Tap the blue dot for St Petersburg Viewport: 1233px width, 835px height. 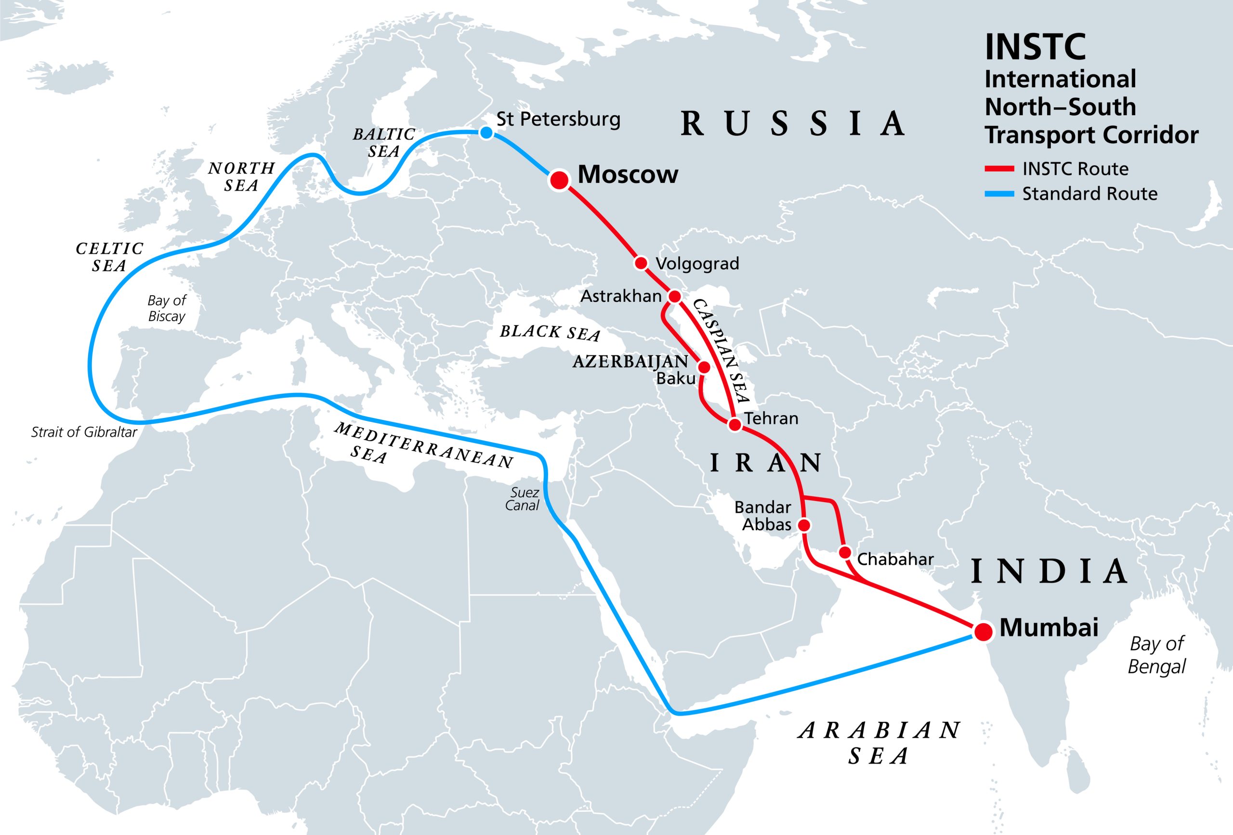click(x=485, y=132)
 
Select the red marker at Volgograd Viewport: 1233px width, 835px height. click(x=641, y=262)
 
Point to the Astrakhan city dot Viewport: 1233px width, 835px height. click(x=674, y=296)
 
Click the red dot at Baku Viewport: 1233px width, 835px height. click(x=704, y=367)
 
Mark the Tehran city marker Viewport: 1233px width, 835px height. click(x=735, y=424)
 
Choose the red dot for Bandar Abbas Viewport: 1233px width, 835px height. click(x=804, y=525)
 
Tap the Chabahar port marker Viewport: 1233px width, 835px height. click(x=845, y=552)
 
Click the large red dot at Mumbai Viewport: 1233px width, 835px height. click(x=983, y=631)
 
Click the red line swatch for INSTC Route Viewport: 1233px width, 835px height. click(x=999, y=169)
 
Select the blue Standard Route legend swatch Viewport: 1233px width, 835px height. click(x=999, y=194)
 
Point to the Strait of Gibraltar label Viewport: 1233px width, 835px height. click(x=84, y=432)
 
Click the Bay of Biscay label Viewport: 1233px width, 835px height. click(x=167, y=308)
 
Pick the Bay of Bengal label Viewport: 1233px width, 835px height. click(x=1156, y=655)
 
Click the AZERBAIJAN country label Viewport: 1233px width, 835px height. click(x=630, y=362)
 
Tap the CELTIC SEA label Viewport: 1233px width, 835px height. click(x=109, y=257)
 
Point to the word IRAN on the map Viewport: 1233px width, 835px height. click(x=766, y=463)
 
